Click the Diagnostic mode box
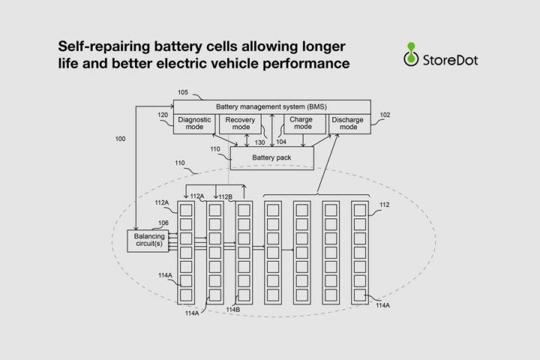tap(194, 124)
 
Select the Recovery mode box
tap(240, 124)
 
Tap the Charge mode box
tap(304, 124)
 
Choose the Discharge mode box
tap(350, 124)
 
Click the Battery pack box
tap(272, 157)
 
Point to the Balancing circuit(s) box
tap(148, 241)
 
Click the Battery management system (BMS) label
tap(271, 106)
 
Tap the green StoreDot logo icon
tap(411, 54)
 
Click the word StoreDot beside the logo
tap(450, 60)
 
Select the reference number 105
tap(183, 92)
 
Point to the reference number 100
tap(120, 139)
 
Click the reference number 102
tap(385, 115)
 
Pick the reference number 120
tap(163, 115)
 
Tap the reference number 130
tap(260, 142)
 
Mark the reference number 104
tap(281, 142)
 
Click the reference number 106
tap(163, 223)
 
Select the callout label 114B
tap(233, 310)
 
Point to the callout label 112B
tap(226, 197)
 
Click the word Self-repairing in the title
tap(104, 46)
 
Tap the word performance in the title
tap(306, 64)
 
